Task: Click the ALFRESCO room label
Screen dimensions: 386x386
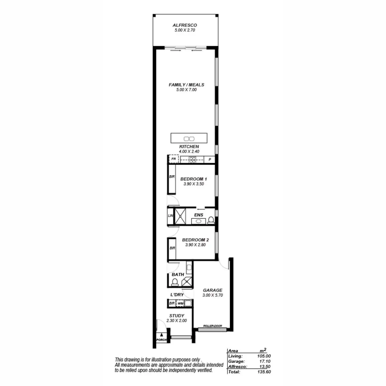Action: point(185,25)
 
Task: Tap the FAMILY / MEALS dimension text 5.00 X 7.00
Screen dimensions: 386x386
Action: point(186,90)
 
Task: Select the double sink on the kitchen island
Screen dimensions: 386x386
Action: point(189,139)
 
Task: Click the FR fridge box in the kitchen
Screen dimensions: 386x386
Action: point(174,159)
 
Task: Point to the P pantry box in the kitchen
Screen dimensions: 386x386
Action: point(210,160)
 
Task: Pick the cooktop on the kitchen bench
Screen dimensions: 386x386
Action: point(192,160)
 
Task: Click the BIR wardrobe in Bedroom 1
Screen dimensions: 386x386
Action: point(172,179)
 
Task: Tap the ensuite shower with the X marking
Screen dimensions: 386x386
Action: point(180,216)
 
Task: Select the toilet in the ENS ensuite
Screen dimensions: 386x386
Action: point(211,220)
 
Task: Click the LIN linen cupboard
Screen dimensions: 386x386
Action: point(170,216)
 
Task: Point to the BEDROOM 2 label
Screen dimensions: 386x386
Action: point(195,240)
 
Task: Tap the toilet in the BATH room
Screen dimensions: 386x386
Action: point(175,282)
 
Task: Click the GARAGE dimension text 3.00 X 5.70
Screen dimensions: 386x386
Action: point(213,295)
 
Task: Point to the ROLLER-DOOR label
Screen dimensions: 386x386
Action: point(212,326)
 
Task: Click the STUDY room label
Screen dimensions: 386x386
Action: point(177,316)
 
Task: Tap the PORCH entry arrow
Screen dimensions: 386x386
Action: point(161,335)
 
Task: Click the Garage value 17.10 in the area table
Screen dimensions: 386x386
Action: point(265,362)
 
